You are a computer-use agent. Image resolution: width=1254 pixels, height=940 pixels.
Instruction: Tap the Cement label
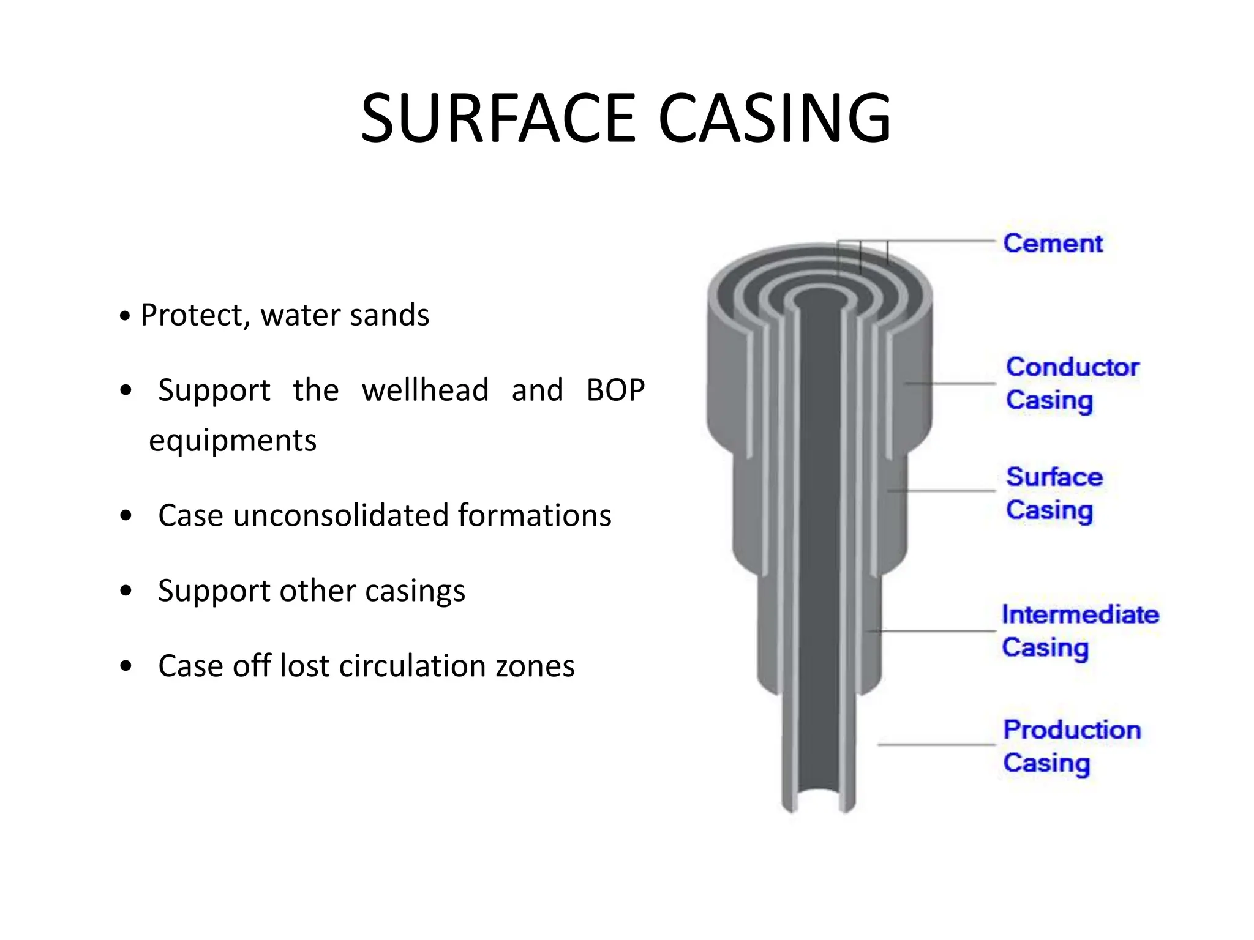pos(1053,244)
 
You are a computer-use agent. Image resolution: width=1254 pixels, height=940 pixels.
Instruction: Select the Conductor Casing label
pos(1072,384)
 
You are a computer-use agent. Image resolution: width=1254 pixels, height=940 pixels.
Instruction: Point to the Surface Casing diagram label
pos(1054,493)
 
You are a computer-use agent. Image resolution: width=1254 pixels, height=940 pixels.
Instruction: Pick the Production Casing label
pos(1072,747)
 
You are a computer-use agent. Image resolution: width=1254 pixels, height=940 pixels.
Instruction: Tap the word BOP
pos(615,390)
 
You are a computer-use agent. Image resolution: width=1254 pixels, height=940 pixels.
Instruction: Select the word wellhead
pos(425,390)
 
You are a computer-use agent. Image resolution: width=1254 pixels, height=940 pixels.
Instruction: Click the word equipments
pos(233,441)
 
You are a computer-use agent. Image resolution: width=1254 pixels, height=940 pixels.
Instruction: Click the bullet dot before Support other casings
pos(126,591)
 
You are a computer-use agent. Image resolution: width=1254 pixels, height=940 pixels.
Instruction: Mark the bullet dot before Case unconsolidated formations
pos(126,516)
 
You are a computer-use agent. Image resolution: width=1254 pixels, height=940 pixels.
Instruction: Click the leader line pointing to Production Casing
pos(937,745)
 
